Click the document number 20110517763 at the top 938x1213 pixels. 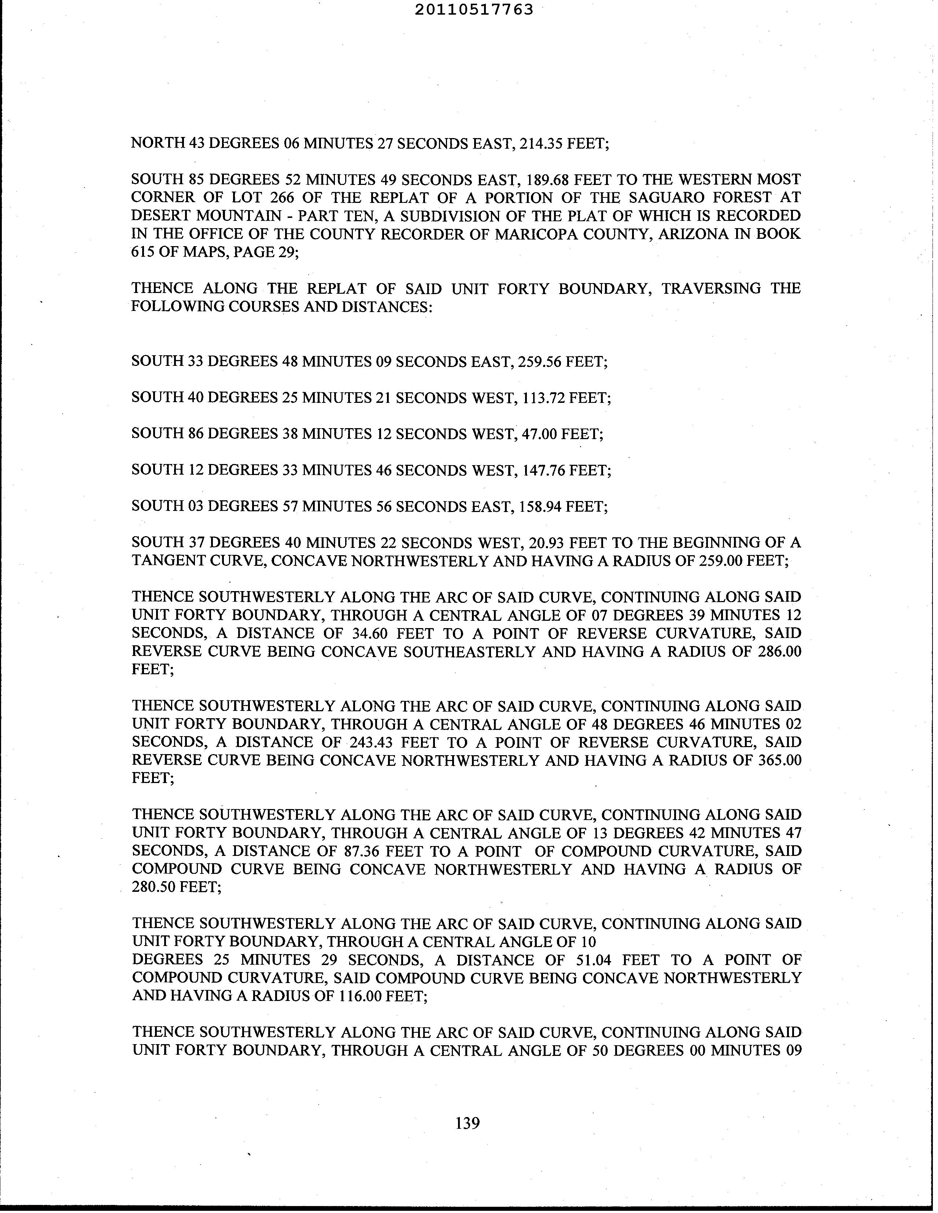pos(474,10)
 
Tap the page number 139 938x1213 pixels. pos(467,1123)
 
